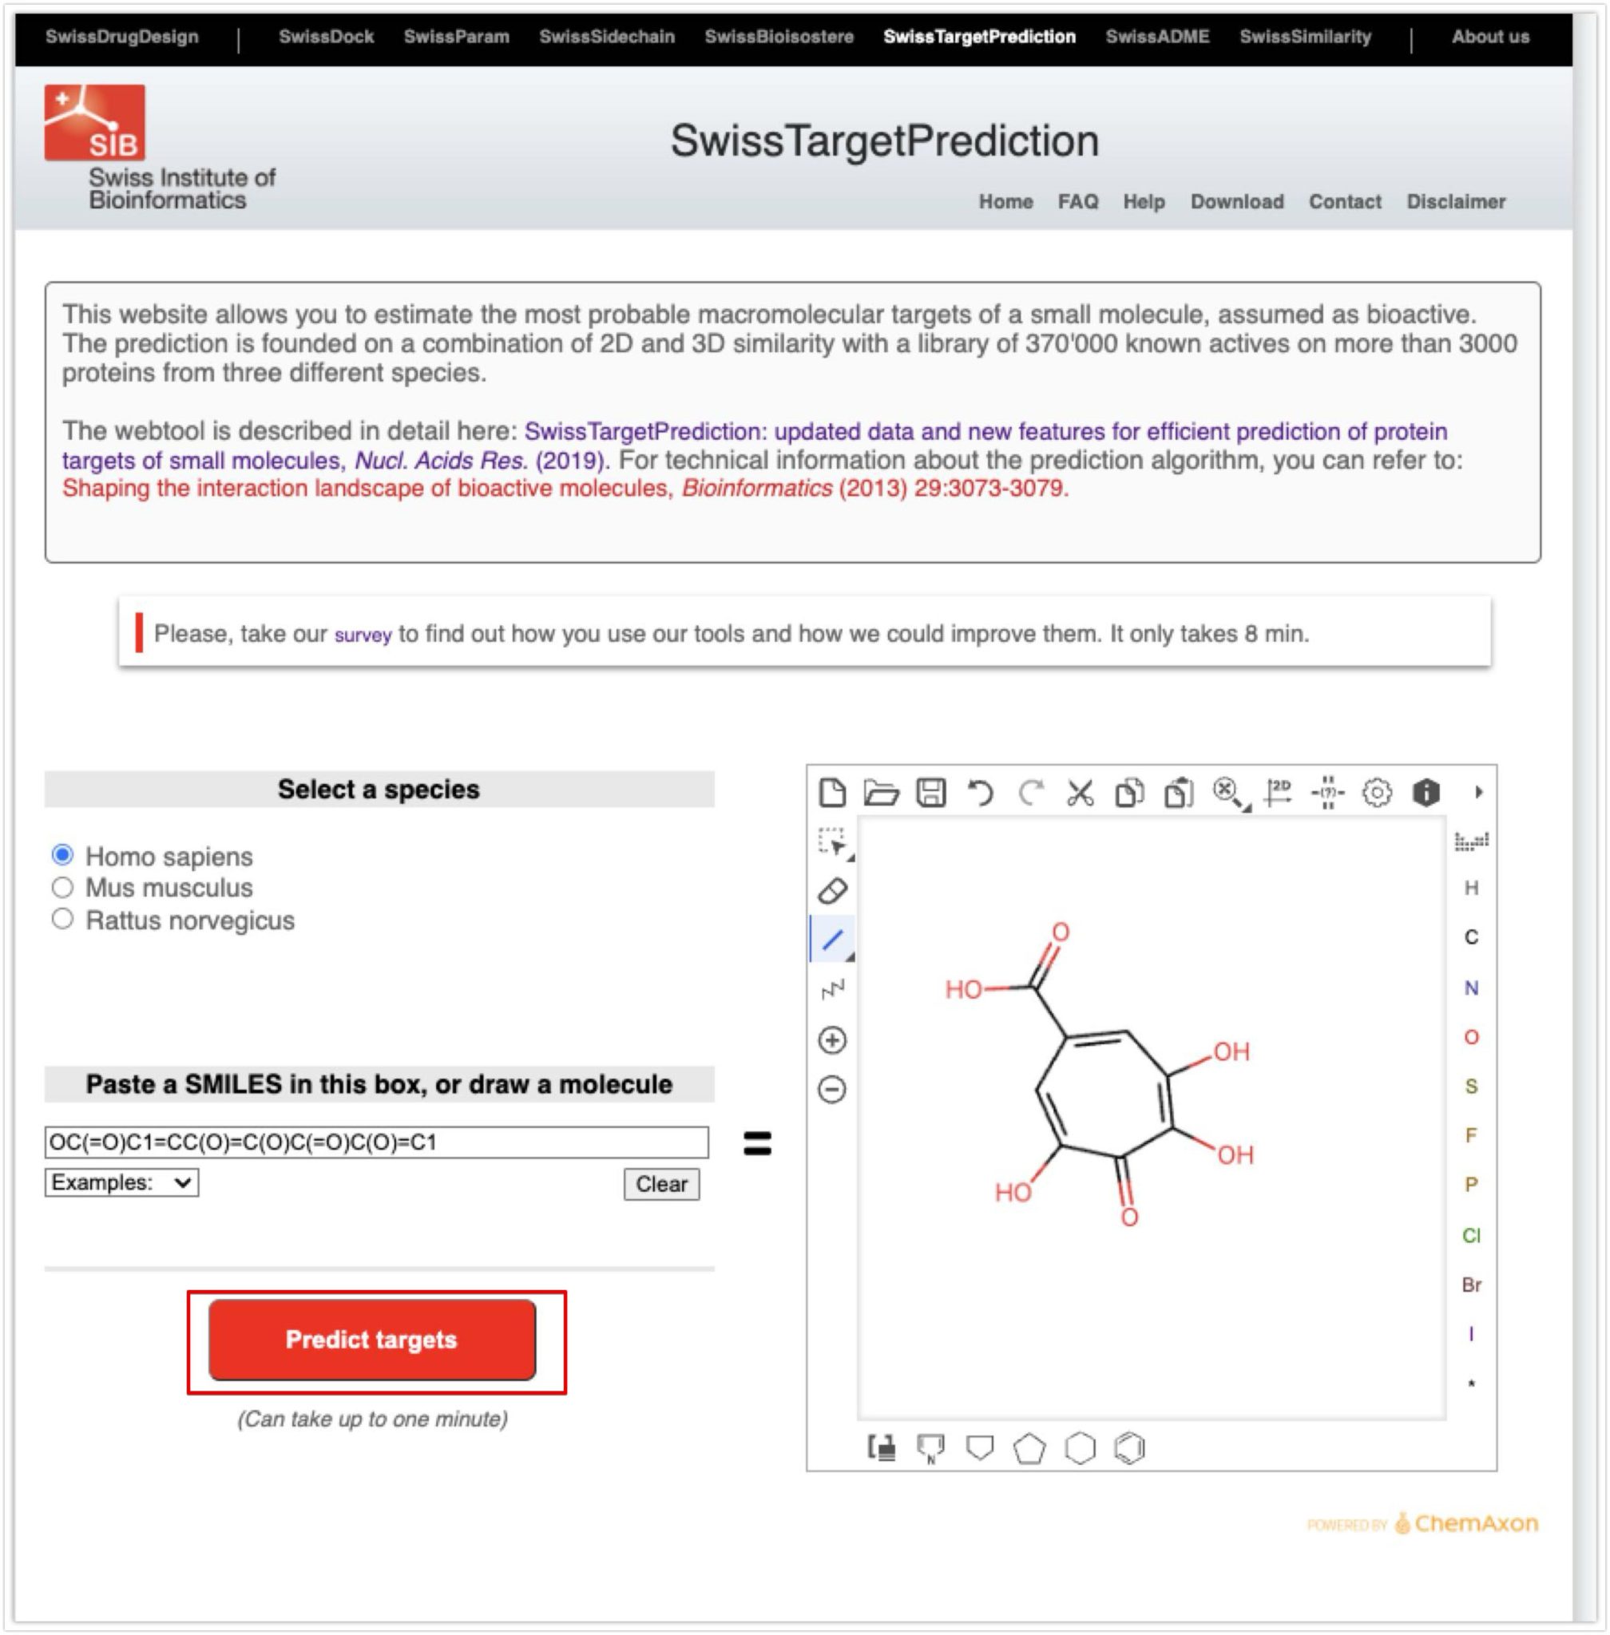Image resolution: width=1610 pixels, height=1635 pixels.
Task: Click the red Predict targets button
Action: point(372,1339)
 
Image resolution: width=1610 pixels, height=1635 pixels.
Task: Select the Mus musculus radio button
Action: point(62,888)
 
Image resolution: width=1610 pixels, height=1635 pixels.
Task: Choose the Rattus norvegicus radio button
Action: point(62,919)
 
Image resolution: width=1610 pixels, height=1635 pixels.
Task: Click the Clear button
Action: point(661,1184)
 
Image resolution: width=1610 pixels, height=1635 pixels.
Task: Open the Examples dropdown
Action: point(121,1182)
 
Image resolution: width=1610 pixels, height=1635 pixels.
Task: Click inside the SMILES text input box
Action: point(376,1142)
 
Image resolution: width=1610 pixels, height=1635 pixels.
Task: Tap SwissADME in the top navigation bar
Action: point(1156,38)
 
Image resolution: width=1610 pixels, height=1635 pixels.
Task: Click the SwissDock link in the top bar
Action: point(326,38)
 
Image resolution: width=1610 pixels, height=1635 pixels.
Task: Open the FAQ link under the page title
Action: point(1077,202)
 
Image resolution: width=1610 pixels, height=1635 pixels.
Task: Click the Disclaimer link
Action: point(1455,202)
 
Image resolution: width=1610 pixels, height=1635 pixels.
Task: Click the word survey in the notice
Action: point(363,635)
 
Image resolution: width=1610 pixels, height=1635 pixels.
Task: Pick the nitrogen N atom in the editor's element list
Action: point(1471,988)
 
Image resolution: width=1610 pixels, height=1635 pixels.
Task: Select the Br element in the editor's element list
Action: point(1471,1285)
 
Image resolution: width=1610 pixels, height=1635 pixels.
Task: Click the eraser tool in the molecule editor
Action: point(833,890)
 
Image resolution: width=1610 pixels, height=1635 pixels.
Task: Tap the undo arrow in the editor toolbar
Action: point(980,793)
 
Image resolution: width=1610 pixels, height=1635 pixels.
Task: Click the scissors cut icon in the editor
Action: point(1080,793)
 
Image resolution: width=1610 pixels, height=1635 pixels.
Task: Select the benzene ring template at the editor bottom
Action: point(1130,1447)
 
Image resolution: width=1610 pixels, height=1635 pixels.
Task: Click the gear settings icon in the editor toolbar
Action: point(1377,793)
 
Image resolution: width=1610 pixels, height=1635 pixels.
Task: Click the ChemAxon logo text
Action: point(1476,1523)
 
